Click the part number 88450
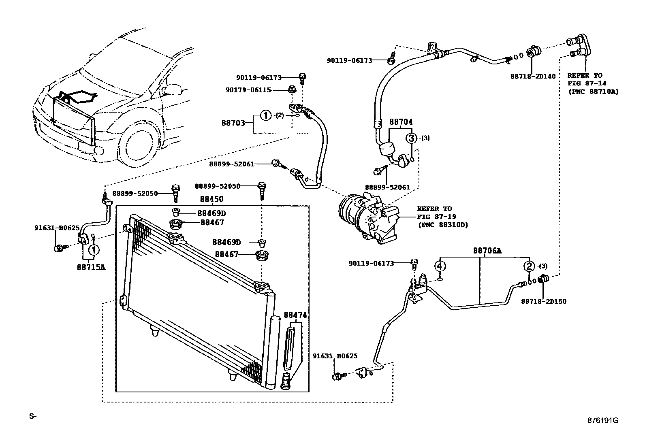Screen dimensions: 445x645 pos(211,200)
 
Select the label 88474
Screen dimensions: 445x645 pos(295,315)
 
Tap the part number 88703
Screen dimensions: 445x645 pos(233,122)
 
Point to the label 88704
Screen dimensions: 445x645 pos(401,121)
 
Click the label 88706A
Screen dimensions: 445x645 pos(487,251)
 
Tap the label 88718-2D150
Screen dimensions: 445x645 pos(543,301)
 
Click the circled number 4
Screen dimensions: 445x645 pos(440,266)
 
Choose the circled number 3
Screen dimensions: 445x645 pos(411,138)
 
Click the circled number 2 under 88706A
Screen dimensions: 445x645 pos(529,266)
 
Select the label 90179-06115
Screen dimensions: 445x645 pos(248,90)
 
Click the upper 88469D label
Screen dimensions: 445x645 pos(211,213)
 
